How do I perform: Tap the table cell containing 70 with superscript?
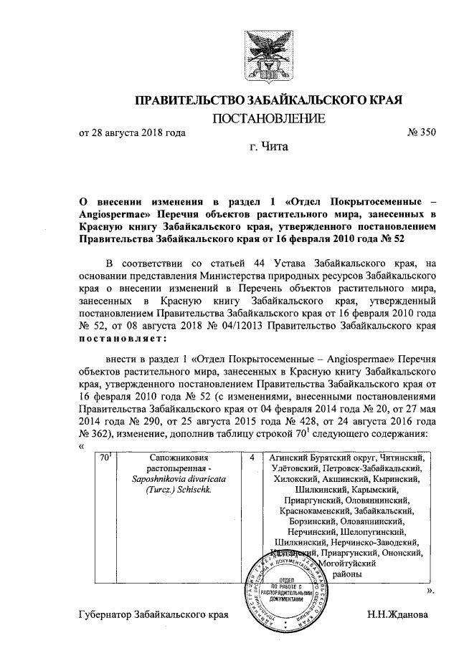[x=105, y=457]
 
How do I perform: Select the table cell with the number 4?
[x=254, y=457]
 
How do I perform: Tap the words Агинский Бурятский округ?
[x=322, y=457]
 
